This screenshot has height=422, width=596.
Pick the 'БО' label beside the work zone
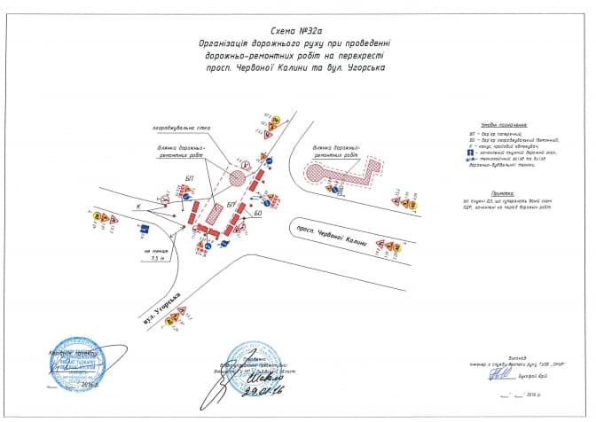click(x=258, y=212)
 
